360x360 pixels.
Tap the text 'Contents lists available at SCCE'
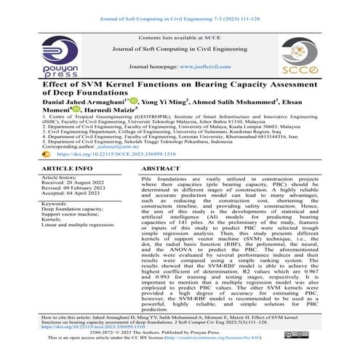(x=180, y=36)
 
